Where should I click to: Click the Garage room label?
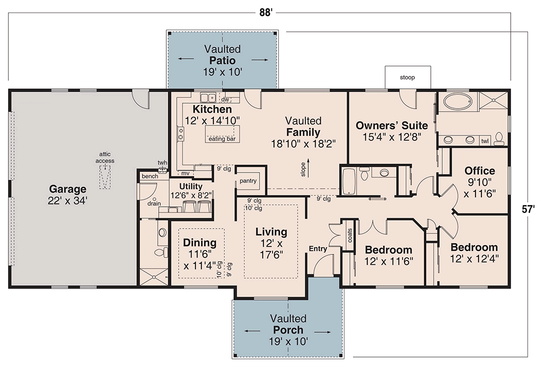pyautogui.click(x=67, y=189)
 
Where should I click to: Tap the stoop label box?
pyautogui.click(x=407, y=78)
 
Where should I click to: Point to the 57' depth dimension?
pyautogui.click(x=529, y=209)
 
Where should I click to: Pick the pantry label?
pyautogui.click(x=248, y=181)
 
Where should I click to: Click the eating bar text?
pyautogui.click(x=222, y=139)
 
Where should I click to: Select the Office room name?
pyautogui.click(x=479, y=171)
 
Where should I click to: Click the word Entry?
pyautogui.click(x=318, y=248)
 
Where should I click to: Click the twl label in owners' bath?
pyautogui.click(x=484, y=141)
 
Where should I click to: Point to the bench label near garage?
pyautogui.click(x=149, y=177)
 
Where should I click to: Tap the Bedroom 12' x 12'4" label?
pyautogui.click(x=474, y=252)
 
